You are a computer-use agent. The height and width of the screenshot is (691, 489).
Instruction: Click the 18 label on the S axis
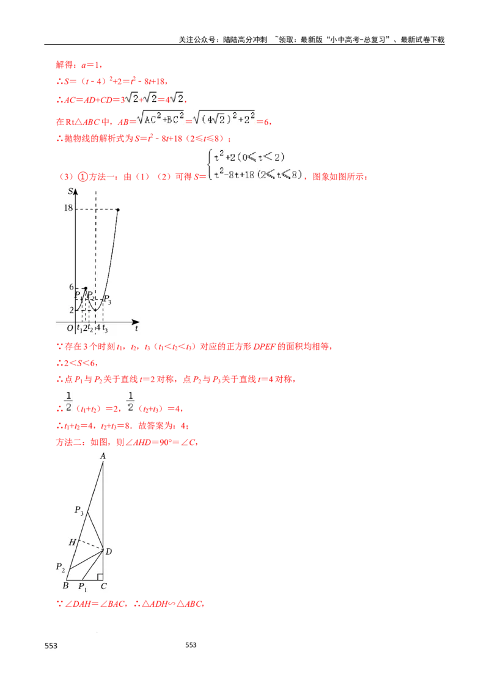(x=68, y=208)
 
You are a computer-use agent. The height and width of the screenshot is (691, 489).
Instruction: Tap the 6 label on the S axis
(x=71, y=288)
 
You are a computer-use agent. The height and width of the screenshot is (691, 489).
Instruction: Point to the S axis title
(x=71, y=192)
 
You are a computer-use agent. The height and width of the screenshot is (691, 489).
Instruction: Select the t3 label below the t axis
(x=105, y=329)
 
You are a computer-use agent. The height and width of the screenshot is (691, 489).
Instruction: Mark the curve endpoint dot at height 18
(x=118, y=210)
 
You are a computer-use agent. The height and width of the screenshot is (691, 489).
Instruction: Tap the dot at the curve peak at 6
(x=86, y=288)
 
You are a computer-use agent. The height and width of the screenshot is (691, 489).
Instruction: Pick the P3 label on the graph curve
(x=107, y=299)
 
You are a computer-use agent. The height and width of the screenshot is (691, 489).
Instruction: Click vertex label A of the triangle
(x=103, y=456)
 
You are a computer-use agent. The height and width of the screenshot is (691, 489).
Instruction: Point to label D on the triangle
(x=108, y=552)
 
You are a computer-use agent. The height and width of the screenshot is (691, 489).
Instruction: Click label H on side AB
(x=72, y=542)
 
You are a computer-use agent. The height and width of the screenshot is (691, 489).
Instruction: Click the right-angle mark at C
(x=100, y=576)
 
